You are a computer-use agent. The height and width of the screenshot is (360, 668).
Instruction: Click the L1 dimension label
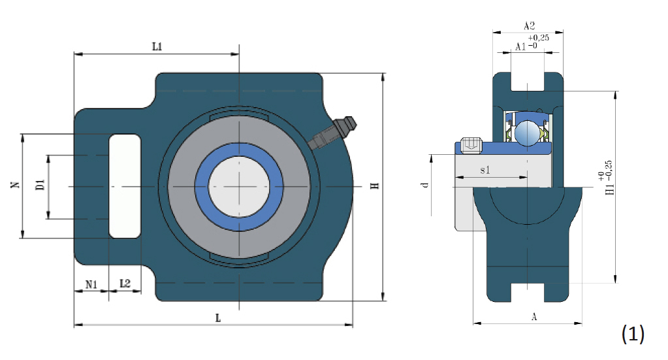[157, 46]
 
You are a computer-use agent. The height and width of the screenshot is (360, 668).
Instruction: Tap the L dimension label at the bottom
[217, 318]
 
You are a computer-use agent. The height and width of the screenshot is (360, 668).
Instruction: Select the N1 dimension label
[91, 284]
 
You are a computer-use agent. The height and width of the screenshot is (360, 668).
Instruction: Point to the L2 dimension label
[125, 284]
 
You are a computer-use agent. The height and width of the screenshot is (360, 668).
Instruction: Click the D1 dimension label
[40, 184]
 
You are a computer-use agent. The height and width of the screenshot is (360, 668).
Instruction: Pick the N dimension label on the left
[15, 184]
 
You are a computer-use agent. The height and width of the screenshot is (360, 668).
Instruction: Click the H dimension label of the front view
[374, 186]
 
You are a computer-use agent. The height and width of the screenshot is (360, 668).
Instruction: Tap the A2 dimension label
[529, 26]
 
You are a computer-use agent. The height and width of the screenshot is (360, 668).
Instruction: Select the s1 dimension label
[485, 170]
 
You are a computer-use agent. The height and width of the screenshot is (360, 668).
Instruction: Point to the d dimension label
[424, 186]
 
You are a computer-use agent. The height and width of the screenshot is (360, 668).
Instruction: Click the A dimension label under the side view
[533, 316]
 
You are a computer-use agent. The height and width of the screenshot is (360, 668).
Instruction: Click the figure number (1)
[633, 334]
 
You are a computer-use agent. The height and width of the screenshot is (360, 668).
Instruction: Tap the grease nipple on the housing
[332, 133]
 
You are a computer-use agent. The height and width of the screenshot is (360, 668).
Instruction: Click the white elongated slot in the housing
[125, 186]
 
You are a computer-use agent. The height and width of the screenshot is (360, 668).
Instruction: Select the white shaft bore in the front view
[239, 186]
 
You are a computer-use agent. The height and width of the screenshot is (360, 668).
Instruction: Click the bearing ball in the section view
[527, 133]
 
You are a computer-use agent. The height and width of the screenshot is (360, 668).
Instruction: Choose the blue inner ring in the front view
[239, 186]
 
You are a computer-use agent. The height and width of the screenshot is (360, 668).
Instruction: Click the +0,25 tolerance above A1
[539, 37]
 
